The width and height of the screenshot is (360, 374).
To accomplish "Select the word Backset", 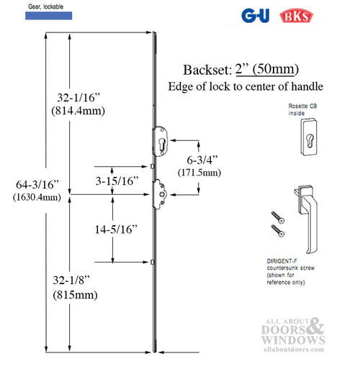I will [x=206, y=70].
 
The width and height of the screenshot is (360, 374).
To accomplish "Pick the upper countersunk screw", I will [x=276, y=217].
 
